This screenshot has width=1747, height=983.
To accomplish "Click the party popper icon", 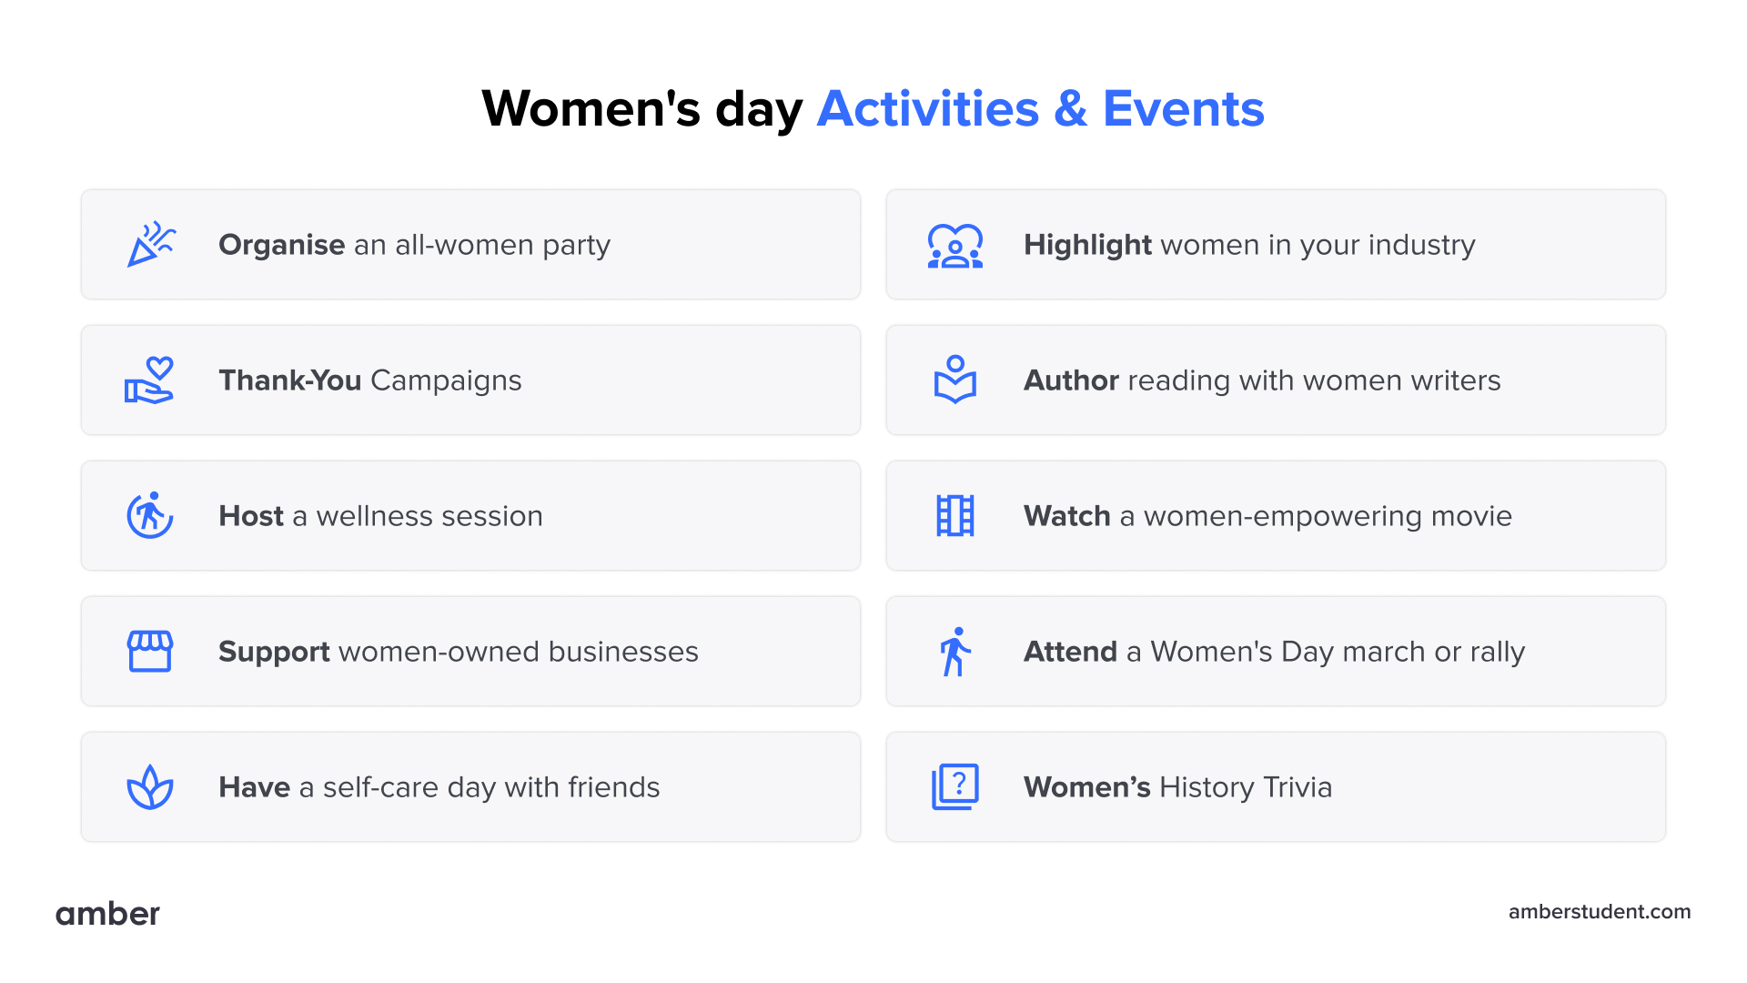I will pyautogui.click(x=150, y=244).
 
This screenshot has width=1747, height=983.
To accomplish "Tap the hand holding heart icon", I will pyautogui.click(x=150, y=380).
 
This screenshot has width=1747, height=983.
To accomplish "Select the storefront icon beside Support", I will pyautogui.click(x=150, y=652).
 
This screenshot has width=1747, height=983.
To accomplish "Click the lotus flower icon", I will pyautogui.click(x=150, y=787).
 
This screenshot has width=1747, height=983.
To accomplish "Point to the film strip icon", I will pyautogui.click(x=955, y=516).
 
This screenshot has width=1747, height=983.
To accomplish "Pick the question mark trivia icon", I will pyautogui.click(x=955, y=787).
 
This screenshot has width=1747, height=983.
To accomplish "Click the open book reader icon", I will pyautogui.click(x=955, y=380).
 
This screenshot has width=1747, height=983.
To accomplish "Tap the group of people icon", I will pyautogui.click(x=955, y=246).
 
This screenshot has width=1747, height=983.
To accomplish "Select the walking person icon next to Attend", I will pyautogui.click(x=955, y=652).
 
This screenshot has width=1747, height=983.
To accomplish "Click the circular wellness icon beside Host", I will pyautogui.click(x=150, y=516).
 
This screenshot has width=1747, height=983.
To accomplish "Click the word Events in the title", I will pyautogui.click(x=1183, y=109).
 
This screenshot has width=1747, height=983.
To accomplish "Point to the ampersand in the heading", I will pyautogui.click(x=1070, y=109).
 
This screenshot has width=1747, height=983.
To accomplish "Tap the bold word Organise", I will pyautogui.click(x=281, y=245).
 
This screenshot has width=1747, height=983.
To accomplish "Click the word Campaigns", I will pyautogui.click(x=446, y=380).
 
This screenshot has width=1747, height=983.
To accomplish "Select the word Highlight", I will pyautogui.click(x=1087, y=245).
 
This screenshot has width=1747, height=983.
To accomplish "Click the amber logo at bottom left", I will pyautogui.click(x=107, y=913).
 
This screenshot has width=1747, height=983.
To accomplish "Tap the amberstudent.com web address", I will pyautogui.click(x=1599, y=912).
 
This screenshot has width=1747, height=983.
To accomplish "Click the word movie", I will pyautogui.click(x=1470, y=516).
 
